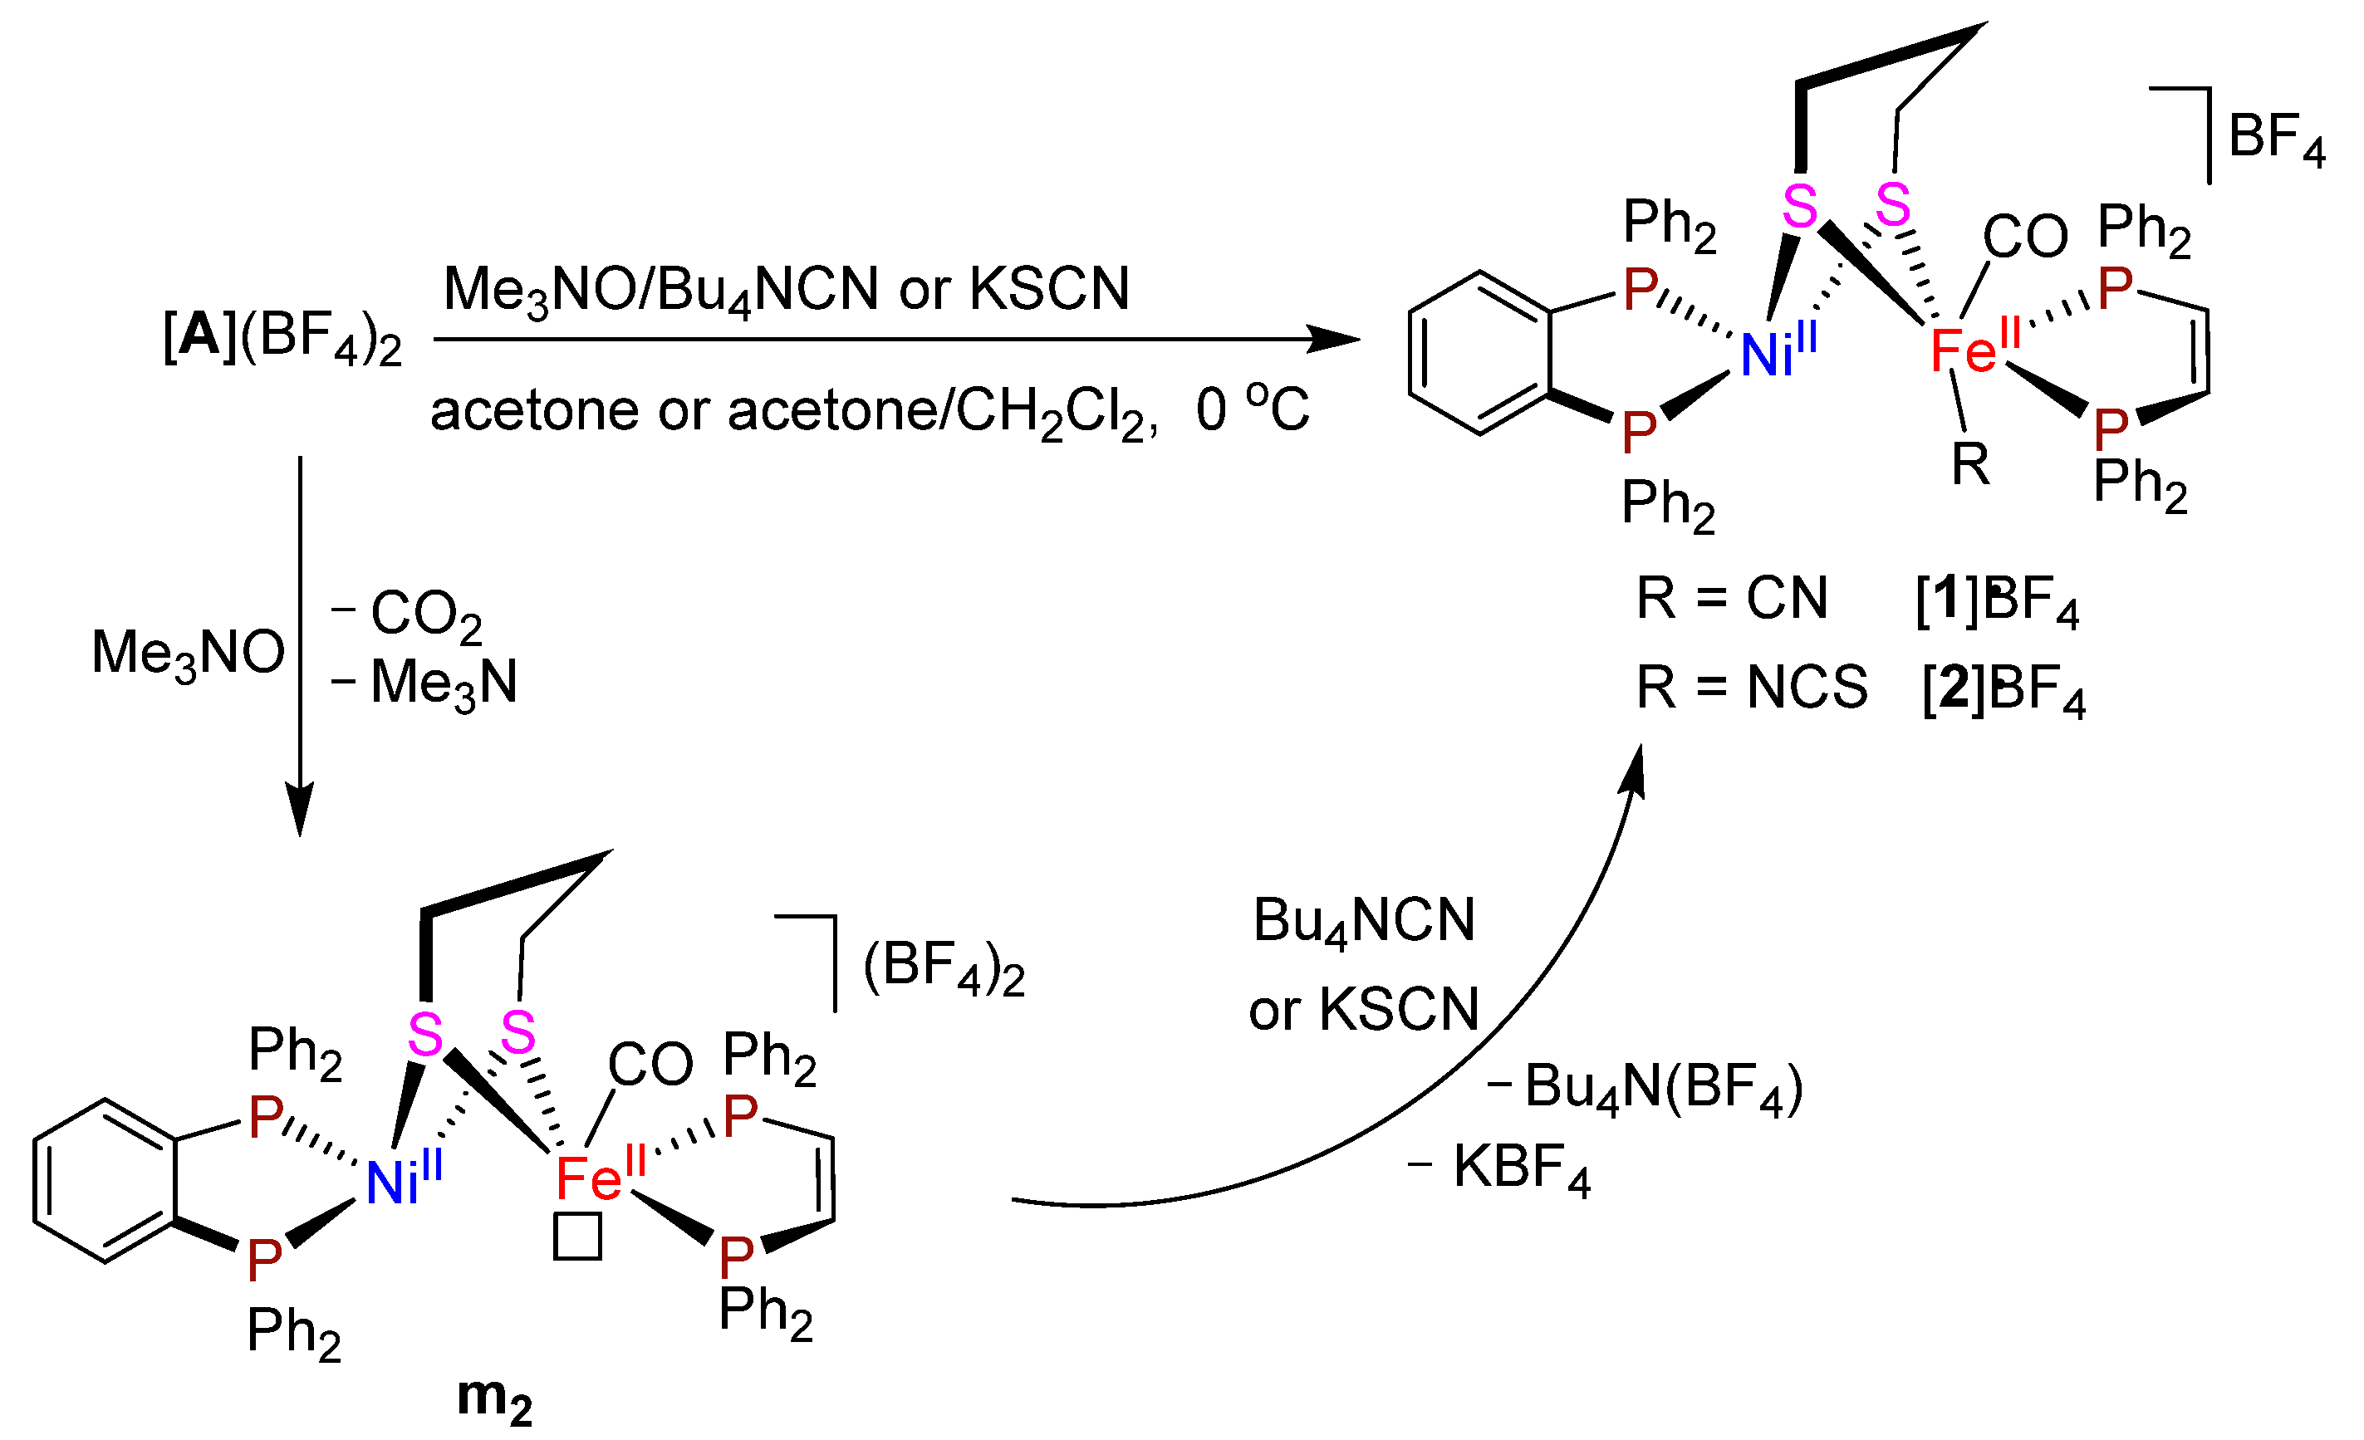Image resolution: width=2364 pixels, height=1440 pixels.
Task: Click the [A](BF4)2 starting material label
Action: coord(281,338)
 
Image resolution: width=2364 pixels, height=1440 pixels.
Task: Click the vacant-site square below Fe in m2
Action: coord(577,1237)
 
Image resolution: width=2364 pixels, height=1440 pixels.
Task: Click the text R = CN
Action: coord(1732,599)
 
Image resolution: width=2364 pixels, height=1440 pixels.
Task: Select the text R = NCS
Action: coord(1751,687)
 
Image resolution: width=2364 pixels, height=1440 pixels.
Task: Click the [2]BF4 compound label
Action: coord(2004,688)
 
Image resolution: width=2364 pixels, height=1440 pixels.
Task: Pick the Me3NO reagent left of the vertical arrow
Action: coord(188,653)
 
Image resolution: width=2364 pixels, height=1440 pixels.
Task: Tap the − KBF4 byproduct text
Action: coord(1498,1168)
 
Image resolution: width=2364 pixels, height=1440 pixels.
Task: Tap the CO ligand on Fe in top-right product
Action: coord(2024,236)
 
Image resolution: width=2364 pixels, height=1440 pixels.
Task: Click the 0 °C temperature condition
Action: coord(1251,409)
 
